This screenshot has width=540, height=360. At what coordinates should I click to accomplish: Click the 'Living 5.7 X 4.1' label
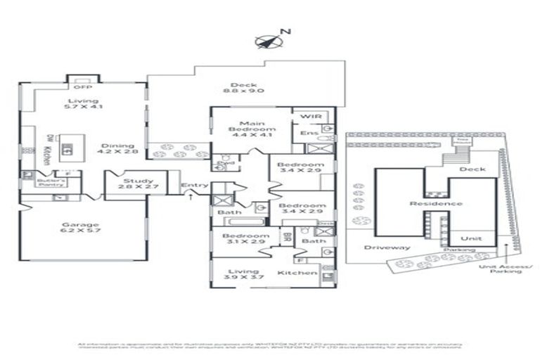pyautogui.click(x=83, y=104)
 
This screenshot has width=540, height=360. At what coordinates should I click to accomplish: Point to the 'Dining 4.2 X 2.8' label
pyautogui.click(x=113, y=148)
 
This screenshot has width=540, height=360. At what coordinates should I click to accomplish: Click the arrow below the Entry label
pyautogui.click(x=192, y=198)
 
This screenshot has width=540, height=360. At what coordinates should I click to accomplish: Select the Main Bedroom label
pyautogui.click(x=251, y=130)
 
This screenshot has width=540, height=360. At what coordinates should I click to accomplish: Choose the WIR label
pyautogui.click(x=310, y=116)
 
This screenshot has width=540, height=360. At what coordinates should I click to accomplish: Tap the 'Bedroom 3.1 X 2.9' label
pyautogui.click(x=243, y=239)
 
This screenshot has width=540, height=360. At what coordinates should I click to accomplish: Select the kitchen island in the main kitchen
pyautogui.click(x=67, y=148)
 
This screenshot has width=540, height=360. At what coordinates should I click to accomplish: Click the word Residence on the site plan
pyautogui.click(x=436, y=204)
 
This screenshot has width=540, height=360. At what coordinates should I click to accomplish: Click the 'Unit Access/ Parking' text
pyautogui.click(x=504, y=269)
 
